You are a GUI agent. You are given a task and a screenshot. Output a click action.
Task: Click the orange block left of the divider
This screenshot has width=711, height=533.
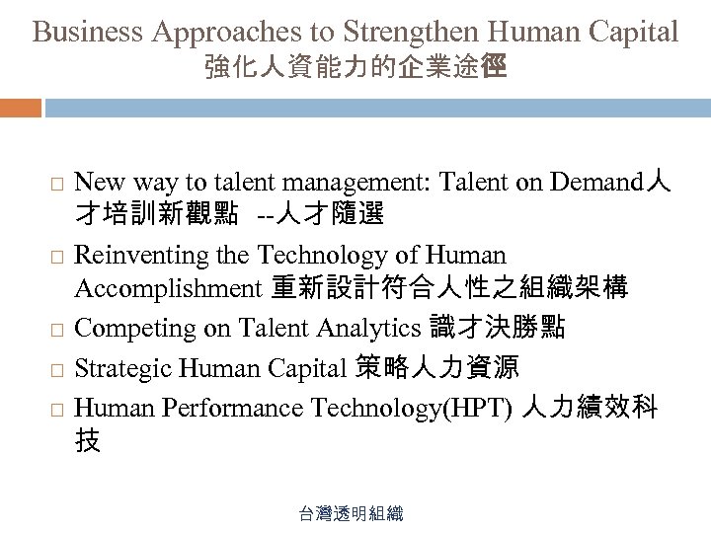(21, 107)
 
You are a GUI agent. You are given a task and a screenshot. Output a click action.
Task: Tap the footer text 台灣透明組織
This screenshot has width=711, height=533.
(355, 514)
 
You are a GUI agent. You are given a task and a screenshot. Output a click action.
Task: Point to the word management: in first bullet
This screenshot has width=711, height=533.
(355, 183)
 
